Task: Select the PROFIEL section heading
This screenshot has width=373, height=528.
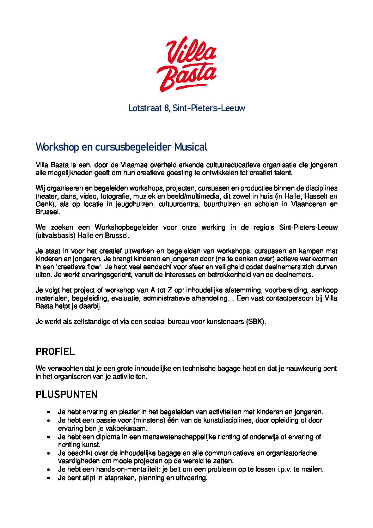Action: point(55,352)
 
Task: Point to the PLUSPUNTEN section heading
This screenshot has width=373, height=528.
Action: point(67,394)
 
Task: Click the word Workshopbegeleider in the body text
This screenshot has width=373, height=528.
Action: point(126,227)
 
